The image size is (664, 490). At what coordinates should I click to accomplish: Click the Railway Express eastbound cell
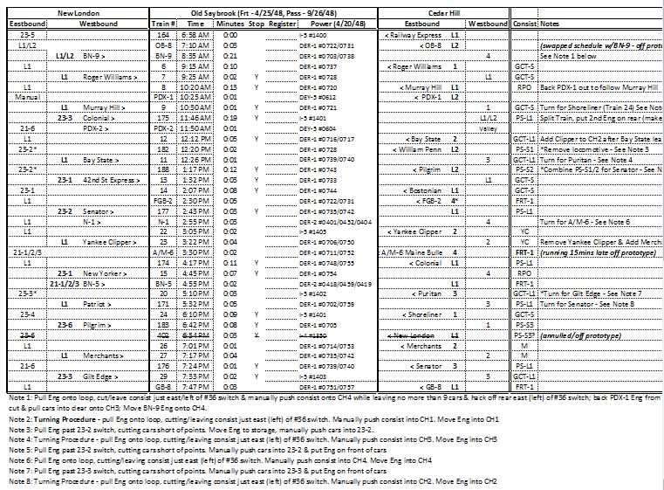point(414,33)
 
